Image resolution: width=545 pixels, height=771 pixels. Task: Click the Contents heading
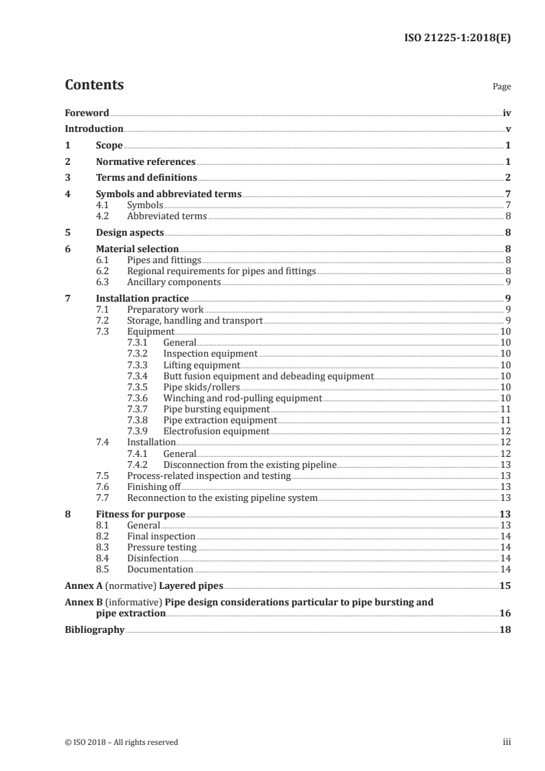(94, 85)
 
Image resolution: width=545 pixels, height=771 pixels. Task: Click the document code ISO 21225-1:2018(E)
(457, 38)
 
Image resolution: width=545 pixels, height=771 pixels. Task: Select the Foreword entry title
(87, 113)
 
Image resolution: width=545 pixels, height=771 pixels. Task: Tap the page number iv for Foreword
(507, 113)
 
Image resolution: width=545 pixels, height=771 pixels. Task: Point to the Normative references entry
(146, 162)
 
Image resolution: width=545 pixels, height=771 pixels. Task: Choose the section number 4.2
(102, 216)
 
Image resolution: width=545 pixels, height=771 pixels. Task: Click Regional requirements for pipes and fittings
(221, 271)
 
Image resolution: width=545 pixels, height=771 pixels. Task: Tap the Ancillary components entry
(174, 282)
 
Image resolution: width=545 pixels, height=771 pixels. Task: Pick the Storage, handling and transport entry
(195, 321)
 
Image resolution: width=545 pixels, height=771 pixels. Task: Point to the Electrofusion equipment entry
(216, 432)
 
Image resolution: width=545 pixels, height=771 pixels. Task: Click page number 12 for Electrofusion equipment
(505, 432)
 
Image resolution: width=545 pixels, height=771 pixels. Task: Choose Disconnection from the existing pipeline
(250, 465)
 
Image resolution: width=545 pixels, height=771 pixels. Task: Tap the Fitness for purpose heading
(141, 514)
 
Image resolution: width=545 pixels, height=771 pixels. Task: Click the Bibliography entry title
(94, 630)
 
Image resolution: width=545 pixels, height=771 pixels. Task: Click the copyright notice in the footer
(121, 742)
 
